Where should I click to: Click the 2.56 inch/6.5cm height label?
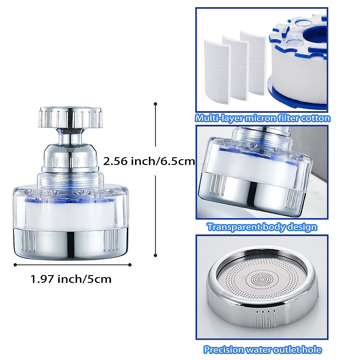[149, 161]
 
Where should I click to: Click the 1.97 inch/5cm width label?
[71, 279]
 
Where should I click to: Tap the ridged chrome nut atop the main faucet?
[71, 117]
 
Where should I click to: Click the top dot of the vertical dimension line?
[155, 104]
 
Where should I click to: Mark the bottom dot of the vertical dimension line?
[155, 255]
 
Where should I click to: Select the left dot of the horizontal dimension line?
[15, 265]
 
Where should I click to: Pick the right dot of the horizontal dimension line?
[130, 265]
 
